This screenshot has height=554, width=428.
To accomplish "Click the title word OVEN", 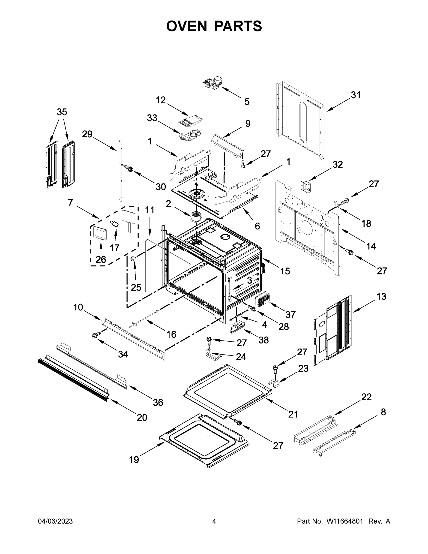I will (x=187, y=26).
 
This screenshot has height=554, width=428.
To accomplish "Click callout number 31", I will (x=356, y=95).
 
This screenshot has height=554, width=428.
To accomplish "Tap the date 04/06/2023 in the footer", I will (x=55, y=521).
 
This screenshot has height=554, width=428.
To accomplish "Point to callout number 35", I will (x=62, y=112).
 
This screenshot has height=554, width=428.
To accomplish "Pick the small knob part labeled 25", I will (x=133, y=259).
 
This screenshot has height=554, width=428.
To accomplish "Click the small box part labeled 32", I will (x=306, y=187).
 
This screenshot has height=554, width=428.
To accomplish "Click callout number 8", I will (x=383, y=412).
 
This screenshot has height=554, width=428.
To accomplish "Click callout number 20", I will (x=142, y=417).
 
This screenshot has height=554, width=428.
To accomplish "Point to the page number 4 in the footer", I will (x=214, y=521).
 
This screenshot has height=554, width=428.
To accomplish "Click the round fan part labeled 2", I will (x=195, y=217).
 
